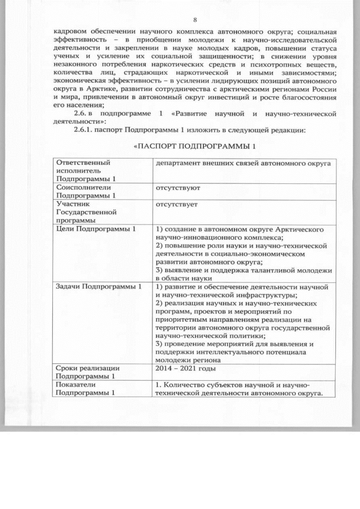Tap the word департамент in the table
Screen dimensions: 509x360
coord(178,163)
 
